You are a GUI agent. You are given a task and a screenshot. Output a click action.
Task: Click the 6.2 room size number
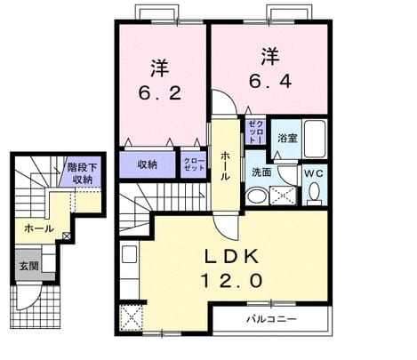coord(159,93)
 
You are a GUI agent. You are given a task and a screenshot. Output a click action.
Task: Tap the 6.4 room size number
coord(270,81)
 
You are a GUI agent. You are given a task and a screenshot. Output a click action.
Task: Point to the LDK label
coord(232,257)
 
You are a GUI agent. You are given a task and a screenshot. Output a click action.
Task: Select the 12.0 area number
coord(232,281)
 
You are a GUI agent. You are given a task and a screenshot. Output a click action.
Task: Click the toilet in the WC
coord(314,193)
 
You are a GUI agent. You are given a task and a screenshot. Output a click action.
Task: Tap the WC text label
coord(314,173)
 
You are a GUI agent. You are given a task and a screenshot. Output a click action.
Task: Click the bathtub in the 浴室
coord(315,139)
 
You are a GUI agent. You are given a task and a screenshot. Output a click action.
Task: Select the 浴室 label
coord(287,138)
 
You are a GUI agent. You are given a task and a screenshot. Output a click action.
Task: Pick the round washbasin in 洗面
coord(257,196)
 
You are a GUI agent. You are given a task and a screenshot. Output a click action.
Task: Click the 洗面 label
coord(261,172)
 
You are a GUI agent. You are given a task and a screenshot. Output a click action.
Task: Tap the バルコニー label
coord(272,319)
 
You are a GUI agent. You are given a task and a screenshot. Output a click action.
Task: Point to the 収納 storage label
coord(147,164)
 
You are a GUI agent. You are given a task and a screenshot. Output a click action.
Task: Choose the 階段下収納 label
coord(82,173)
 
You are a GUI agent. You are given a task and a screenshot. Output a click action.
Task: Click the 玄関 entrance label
coord(29,266)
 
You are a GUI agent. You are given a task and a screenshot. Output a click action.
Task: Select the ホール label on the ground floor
coord(39,228)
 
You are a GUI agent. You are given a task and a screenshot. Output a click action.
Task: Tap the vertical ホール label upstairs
coord(225,166)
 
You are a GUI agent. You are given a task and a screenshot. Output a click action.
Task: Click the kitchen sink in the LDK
coord(129,254)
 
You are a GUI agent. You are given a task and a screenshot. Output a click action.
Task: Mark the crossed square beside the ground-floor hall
coord(67,236)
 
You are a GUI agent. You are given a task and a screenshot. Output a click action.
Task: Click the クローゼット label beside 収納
coord(194,164)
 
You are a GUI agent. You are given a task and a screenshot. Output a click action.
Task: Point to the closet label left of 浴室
coord(255,132)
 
